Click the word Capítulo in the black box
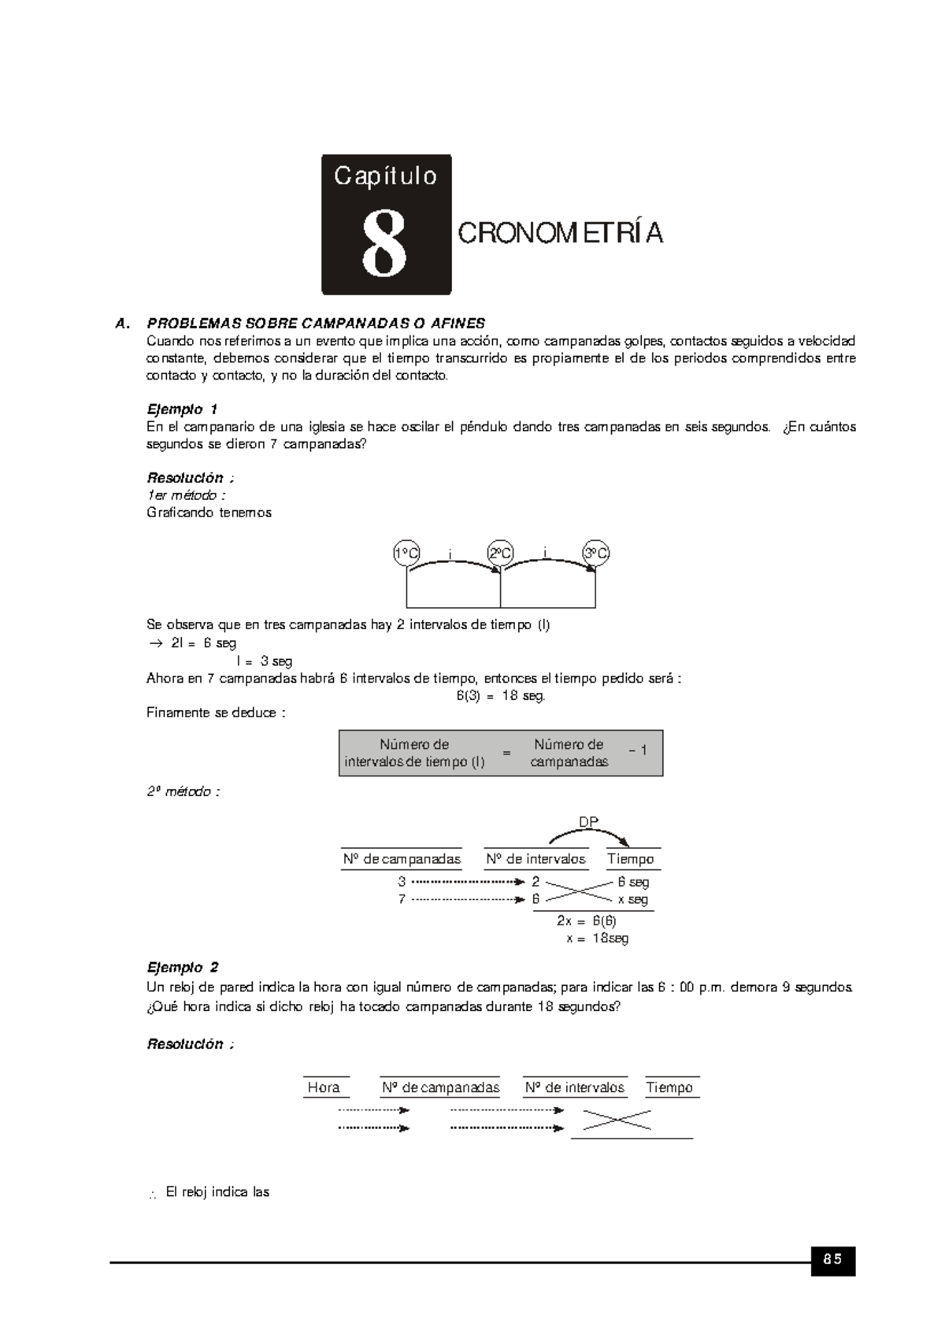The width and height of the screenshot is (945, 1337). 385,176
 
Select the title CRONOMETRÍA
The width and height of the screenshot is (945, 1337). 560,234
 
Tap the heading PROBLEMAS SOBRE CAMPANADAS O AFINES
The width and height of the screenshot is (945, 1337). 316,324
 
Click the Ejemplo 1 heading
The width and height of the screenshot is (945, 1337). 182,409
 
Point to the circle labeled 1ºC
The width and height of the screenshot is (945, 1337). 406,554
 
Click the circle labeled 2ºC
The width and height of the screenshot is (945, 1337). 501,554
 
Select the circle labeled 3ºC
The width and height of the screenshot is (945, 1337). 595,554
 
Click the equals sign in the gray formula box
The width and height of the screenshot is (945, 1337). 506,753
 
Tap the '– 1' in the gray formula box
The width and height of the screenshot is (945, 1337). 638,750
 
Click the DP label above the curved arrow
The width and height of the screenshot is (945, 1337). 588,822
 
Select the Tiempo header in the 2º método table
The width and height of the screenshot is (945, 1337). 630,859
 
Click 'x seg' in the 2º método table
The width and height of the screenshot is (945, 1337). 632,899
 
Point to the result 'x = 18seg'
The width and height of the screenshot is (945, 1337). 597,938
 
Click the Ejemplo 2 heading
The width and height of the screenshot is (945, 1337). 183,968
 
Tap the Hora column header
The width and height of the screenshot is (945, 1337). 324,1087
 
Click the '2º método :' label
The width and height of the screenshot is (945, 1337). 183,792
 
